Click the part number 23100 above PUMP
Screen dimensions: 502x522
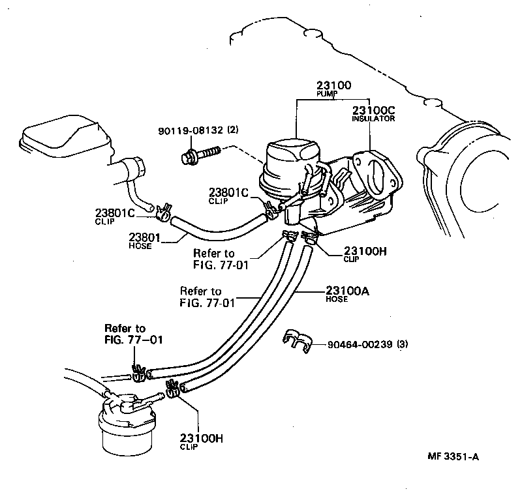click(334, 85)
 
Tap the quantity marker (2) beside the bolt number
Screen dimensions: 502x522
click(233, 130)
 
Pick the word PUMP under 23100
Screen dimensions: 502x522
click(325, 94)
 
